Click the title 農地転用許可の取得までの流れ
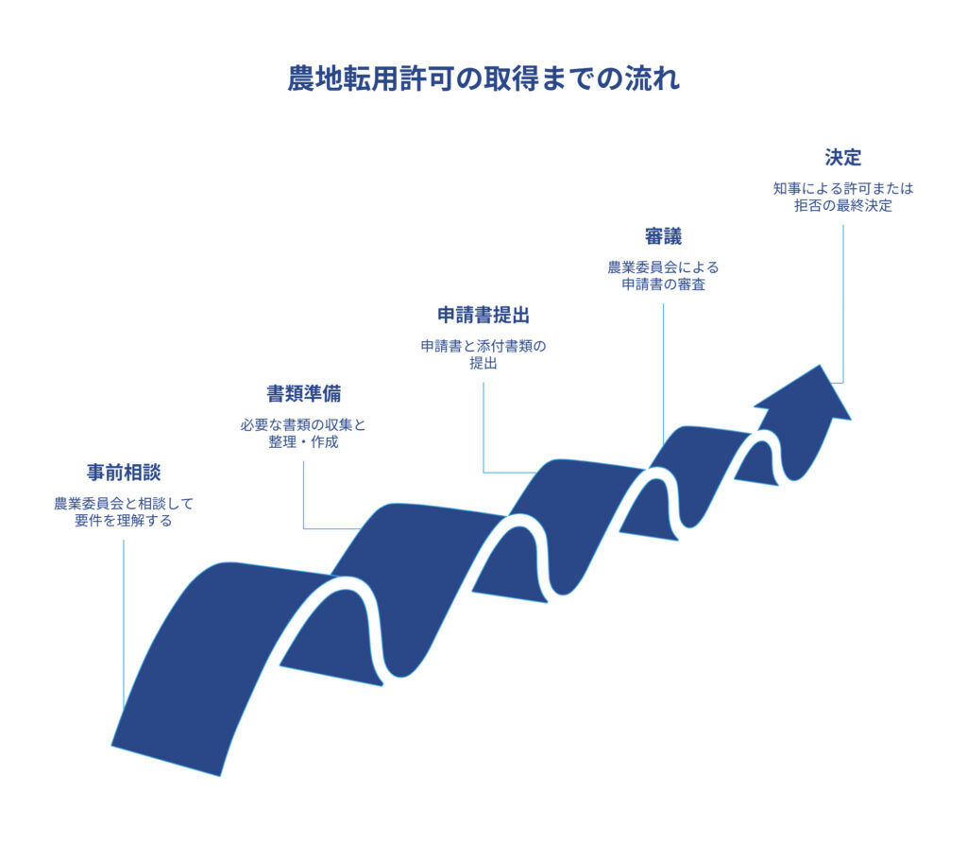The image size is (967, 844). pos(483,78)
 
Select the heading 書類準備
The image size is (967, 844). pos(303,393)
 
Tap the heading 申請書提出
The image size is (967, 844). pos(483,315)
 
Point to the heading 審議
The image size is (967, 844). pos(663,236)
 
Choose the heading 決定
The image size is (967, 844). pos(842,157)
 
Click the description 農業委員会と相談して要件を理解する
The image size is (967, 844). pos(124,512)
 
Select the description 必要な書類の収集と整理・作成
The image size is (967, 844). pos(303,434)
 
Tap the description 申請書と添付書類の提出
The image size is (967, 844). pos(483,354)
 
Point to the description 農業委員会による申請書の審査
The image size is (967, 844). pos(663,276)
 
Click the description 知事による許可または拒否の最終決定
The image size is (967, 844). pos(842,197)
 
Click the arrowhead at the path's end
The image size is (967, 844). pos(807,395)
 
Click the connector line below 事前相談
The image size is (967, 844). pos(124,624)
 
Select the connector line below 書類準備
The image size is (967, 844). pos(303,491)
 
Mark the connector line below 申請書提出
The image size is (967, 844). pos(483,425)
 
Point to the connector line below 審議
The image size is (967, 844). pos(663,369)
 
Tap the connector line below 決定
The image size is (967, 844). pos(842,302)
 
